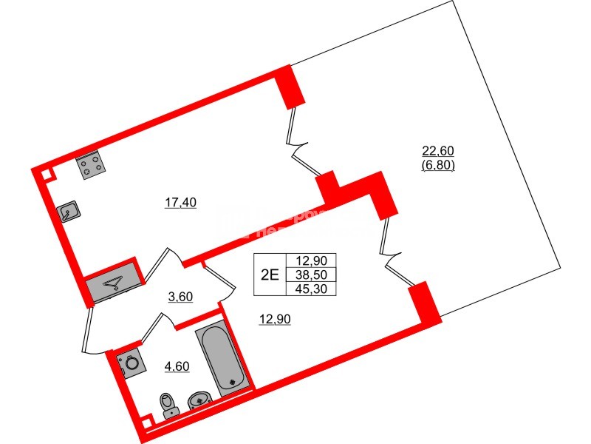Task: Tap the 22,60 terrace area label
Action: (x=438, y=152)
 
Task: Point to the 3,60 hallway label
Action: (x=180, y=297)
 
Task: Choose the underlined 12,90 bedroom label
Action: (x=273, y=320)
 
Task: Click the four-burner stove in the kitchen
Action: (x=92, y=166)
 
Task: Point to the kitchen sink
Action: (x=69, y=213)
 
